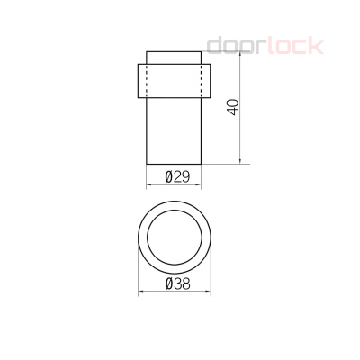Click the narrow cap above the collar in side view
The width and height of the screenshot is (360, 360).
(174, 58)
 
